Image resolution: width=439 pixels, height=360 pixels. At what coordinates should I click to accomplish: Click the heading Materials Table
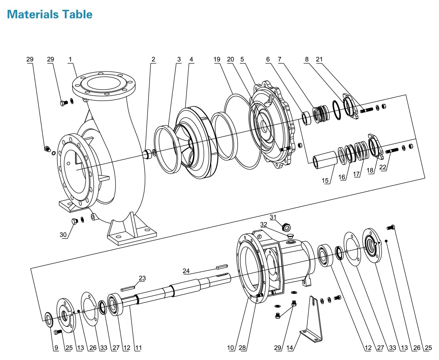pos(50,14)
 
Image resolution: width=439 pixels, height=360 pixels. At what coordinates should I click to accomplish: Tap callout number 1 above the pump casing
pos(70,59)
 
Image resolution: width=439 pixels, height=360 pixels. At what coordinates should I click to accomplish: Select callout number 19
pos(217,59)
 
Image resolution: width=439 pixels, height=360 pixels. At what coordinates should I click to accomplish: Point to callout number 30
pos(63,235)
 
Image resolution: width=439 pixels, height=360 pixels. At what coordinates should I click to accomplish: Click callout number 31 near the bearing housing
pos(273,217)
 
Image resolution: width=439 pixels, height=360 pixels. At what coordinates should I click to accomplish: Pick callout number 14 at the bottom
pos(290,347)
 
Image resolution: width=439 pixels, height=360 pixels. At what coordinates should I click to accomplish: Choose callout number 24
pos(186,271)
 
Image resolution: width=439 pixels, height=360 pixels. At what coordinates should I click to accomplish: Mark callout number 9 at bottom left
pos(56,347)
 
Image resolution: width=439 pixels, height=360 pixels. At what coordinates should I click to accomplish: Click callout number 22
pos(383,167)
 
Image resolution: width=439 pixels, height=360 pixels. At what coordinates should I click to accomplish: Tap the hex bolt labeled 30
pos(75,221)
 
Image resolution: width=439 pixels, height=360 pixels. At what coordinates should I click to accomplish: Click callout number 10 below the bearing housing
pos(230,347)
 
